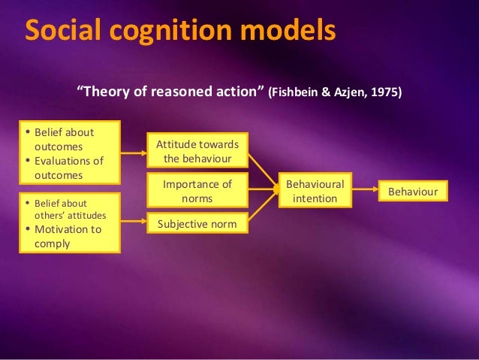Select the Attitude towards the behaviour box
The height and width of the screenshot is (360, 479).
(x=197, y=151)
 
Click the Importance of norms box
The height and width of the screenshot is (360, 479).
(x=197, y=191)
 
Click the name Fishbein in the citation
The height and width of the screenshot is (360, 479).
(x=297, y=93)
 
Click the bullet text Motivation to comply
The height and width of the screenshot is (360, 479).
(x=67, y=237)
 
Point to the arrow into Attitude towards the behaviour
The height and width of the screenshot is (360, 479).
(x=134, y=153)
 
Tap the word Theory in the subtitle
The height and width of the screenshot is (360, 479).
(x=106, y=92)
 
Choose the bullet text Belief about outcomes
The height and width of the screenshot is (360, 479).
(x=65, y=139)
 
